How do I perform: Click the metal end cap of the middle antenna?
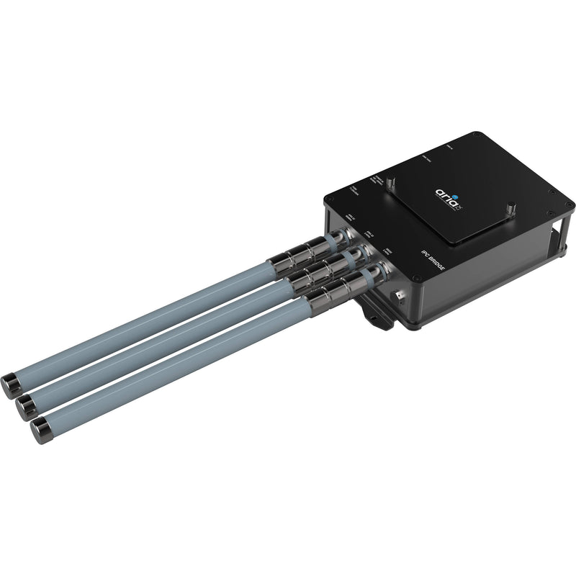coord(24,402)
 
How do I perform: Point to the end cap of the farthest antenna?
coord(12,381)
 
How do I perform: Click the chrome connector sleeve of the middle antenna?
coord(318,276)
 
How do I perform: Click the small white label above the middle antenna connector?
coord(368,235)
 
